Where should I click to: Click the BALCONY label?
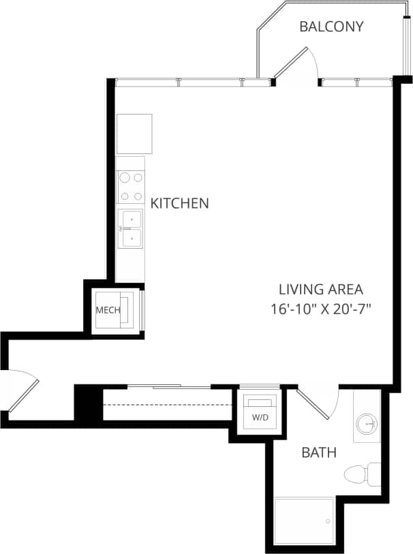point(331,27)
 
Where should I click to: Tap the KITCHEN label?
point(179,203)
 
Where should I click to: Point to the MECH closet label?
point(108,311)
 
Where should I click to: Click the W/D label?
point(260,417)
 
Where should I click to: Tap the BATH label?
point(319,452)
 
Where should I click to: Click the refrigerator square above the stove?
point(134,134)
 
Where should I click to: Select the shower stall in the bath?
point(304,521)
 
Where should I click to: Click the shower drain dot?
point(328,522)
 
